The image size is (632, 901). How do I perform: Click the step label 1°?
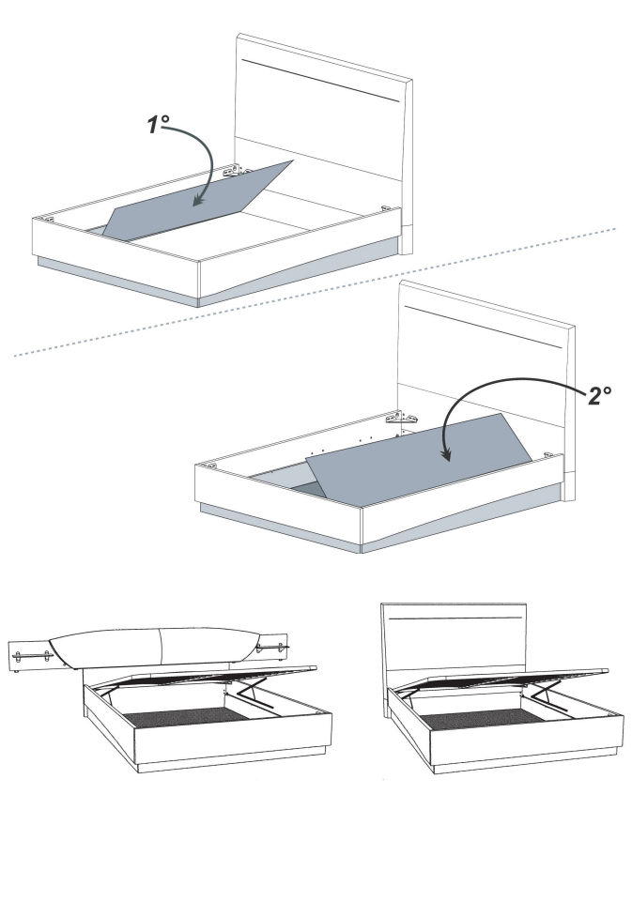(x=158, y=124)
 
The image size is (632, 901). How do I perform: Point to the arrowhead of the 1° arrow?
(x=199, y=199)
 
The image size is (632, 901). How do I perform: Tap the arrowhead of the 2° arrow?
(x=446, y=454)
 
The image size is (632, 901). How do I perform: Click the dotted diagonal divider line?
(x=316, y=292)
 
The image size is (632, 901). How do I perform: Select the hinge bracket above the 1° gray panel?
(x=231, y=170)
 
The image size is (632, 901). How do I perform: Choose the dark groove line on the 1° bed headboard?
(x=321, y=81)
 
